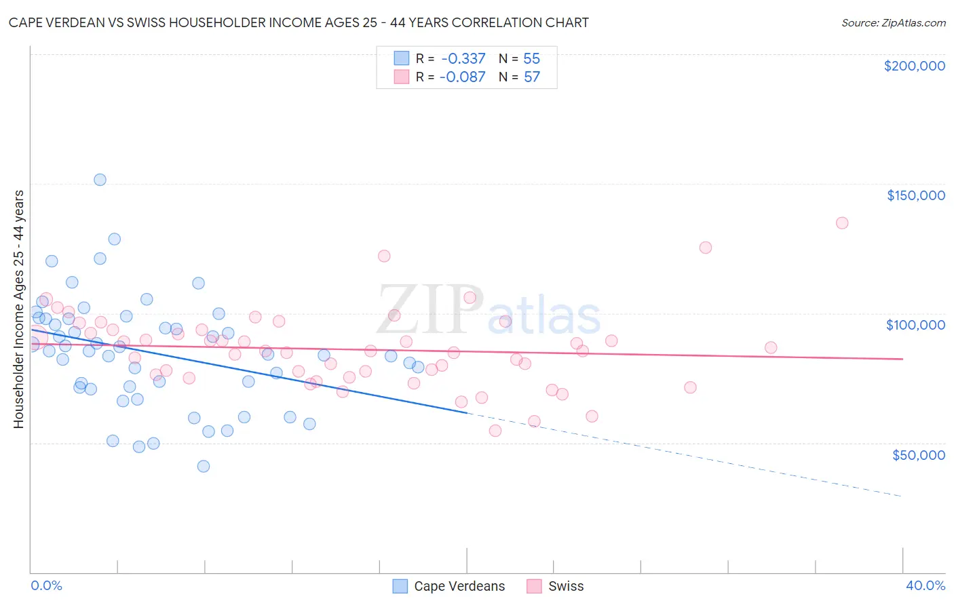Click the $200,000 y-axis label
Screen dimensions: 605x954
[914, 66]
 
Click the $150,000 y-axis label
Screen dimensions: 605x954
[915, 195]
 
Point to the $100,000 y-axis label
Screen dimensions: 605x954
[915, 325]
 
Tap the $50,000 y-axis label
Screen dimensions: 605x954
[918, 454]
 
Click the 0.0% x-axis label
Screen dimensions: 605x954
[46, 586]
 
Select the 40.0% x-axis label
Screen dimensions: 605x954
[925, 586]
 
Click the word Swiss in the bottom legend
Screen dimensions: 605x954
[566, 587]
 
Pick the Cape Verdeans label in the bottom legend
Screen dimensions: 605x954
[459, 587]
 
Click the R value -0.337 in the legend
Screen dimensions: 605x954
[463, 59]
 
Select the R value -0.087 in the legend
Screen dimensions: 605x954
[463, 77]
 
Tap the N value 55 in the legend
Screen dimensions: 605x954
[532, 59]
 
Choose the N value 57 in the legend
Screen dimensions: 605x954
[532, 77]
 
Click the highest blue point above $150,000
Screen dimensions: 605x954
[100, 180]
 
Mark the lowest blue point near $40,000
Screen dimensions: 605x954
[203, 466]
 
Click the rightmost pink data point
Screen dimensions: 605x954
[842, 223]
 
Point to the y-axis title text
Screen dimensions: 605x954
[19, 309]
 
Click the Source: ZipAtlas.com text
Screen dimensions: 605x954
[894, 23]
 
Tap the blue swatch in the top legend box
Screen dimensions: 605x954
[402, 58]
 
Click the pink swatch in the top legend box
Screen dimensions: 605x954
[402, 77]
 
